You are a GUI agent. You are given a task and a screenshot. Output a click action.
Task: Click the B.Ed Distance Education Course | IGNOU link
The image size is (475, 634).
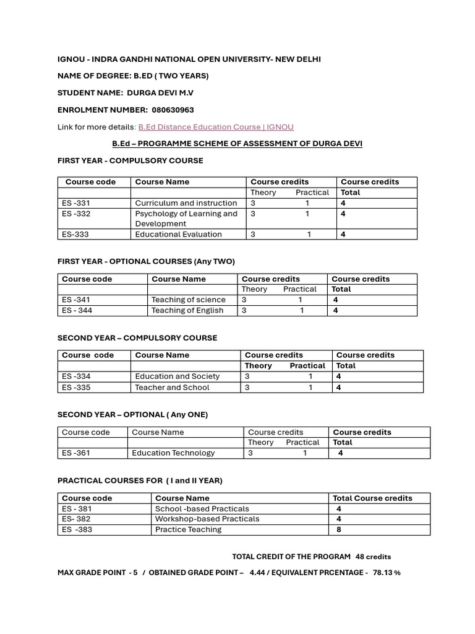coord(216,127)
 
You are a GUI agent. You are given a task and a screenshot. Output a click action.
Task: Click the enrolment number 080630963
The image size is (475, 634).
coord(173,110)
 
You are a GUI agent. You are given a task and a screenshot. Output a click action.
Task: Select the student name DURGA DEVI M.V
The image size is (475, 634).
coord(160,93)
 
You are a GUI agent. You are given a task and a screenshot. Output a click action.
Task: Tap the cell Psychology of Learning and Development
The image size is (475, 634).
coord(186,219)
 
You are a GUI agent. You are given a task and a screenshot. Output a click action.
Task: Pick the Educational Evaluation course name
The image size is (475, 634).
coord(178,234)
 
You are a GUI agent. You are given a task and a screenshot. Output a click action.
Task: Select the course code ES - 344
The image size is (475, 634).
coord(77,310)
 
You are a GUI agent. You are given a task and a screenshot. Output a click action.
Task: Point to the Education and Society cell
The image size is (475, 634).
coord(178,376)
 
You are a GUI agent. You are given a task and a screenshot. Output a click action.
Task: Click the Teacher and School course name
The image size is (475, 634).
coord(172,388)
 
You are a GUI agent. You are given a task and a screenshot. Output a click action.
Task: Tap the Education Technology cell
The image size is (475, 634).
coord(173,453)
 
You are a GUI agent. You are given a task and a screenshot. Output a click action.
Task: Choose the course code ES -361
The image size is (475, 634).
coord(76,453)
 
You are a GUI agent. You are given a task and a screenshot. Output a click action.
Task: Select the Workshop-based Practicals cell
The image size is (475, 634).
coord(207,519)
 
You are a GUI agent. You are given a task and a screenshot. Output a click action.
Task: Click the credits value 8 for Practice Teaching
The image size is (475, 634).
coord(338,530)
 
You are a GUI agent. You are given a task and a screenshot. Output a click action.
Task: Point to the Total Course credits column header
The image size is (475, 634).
coord(372,498)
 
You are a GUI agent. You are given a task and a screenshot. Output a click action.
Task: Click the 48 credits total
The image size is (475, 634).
coord(373,557)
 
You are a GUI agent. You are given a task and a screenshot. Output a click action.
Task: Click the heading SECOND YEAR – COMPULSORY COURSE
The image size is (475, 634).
coord(137,338)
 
